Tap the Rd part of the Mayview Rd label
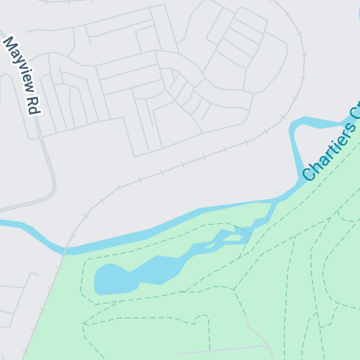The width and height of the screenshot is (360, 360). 32,105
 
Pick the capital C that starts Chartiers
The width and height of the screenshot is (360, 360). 309,174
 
